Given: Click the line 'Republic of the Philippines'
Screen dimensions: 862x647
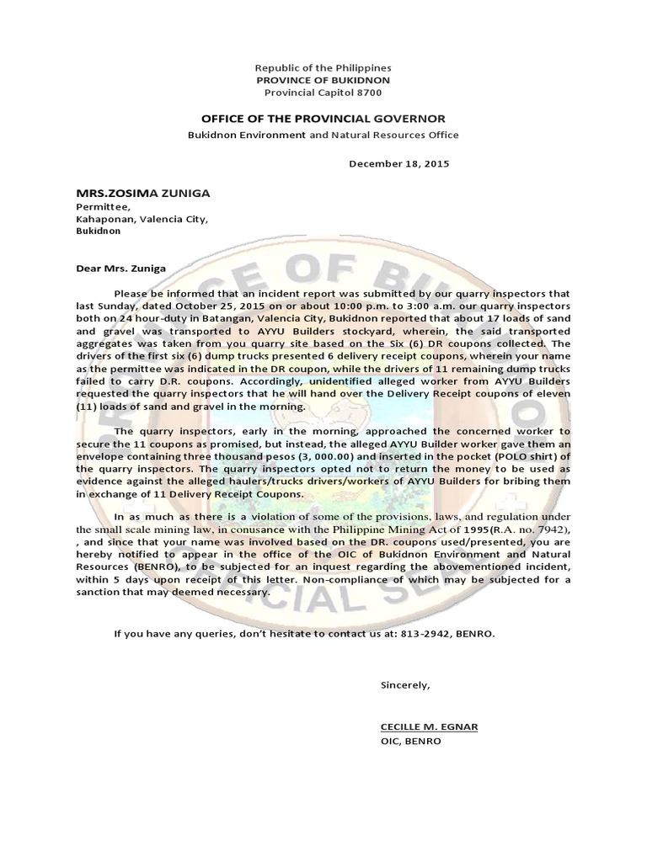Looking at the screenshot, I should click(x=323, y=67).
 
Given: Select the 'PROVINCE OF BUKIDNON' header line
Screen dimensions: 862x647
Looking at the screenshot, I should click(x=323, y=79).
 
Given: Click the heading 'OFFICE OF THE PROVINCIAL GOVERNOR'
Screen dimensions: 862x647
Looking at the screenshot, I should click(x=323, y=119).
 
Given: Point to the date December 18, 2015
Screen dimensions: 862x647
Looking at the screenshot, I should click(x=399, y=163).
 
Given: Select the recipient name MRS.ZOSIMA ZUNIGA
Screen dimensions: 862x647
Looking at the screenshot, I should click(x=143, y=193).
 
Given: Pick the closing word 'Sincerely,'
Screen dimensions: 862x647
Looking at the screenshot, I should click(x=405, y=684).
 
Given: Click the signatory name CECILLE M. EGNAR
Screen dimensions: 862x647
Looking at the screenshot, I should click(x=429, y=726).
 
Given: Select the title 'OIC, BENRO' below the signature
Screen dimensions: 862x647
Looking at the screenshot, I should click(x=410, y=742).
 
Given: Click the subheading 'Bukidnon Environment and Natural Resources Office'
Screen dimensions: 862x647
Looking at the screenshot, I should click(x=323, y=135).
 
